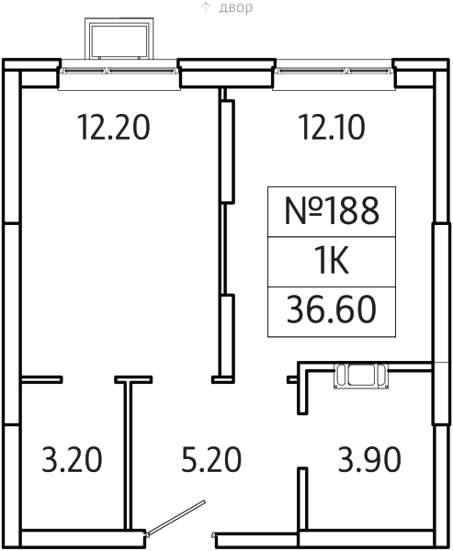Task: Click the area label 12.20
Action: pos(114,127)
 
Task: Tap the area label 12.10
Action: pos(332,127)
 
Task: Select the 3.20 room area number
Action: pos(72,459)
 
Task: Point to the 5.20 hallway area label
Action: pos(211,459)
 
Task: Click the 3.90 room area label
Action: pos(369,459)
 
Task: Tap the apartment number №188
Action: pos(332,210)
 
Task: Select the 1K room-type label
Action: pos(332,261)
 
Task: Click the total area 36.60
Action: pos(332,309)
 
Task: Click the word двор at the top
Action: pos(235,7)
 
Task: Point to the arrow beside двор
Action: pos(206,7)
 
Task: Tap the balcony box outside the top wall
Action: pos(119,39)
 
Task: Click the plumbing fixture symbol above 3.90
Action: pos(361,376)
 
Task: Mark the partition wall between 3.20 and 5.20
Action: pos(128,454)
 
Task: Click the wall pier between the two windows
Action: pos(227,73)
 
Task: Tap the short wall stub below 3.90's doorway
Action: pos(303,499)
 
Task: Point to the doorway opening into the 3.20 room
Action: pos(88,379)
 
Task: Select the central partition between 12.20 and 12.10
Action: pos(226,235)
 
